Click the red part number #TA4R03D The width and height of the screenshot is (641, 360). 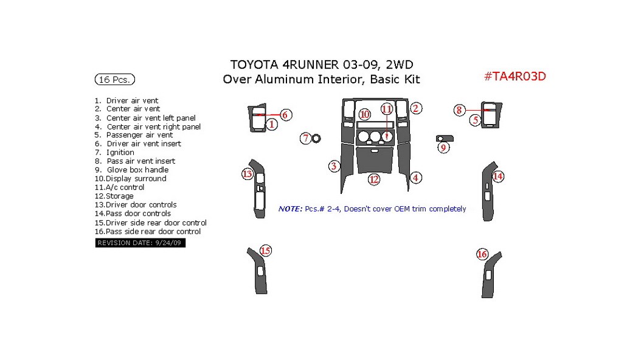coord(515,77)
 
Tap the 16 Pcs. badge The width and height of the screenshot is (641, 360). coord(114,80)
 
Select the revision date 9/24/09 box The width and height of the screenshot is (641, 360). coord(140,243)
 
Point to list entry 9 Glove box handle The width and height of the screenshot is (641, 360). coord(131,170)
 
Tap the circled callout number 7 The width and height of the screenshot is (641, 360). coord(307,139)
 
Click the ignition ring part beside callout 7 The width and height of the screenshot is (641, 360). coord(317,139)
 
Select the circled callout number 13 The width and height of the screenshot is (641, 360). coord(247,175)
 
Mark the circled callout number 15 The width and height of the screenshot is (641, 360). coord(265,250)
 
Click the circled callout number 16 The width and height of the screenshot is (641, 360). coord(482,254)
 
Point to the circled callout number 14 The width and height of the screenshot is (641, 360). coord(498,177)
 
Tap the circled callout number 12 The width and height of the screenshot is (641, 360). coord(373,179)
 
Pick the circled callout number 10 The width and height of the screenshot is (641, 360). coord(364,114)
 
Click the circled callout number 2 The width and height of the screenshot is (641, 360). coord(416,109)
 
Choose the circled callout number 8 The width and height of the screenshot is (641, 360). coord(459,110)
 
